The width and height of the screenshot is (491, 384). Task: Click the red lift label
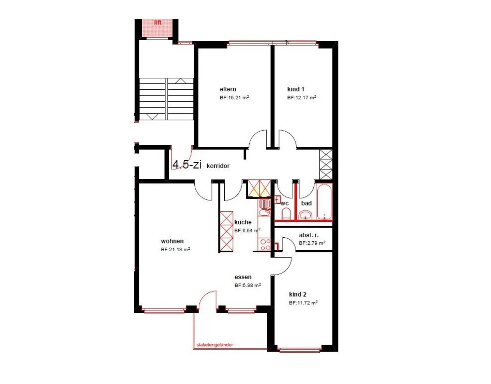(x=158, y=23)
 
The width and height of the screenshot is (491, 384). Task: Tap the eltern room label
(x=228, y=89)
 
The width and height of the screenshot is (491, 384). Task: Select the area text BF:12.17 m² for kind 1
(x=301, y=98)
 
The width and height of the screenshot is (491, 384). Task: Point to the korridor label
(x=218, y=166)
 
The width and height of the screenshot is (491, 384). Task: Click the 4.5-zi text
(x=187, y=165)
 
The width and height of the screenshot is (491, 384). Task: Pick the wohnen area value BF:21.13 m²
(x=175, y=250)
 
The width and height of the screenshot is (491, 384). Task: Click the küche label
(x=243, y=222)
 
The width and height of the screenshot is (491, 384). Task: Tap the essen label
(x=243, y=277)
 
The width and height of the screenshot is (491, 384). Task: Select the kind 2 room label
(x=297, y=295)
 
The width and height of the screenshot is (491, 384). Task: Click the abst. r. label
(x=309, y=235)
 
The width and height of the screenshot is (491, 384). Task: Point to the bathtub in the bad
(x=324, y=202)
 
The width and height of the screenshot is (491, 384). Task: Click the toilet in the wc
(x=286, y=214)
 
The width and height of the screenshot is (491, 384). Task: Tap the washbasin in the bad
(x=306, y=215)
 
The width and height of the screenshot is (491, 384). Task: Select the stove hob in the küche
(x=265, y=245)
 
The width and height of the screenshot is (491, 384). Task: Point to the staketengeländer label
(x=215, y=345)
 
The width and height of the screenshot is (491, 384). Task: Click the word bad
(x=306, y=203)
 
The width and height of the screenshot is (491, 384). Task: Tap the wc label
(x=285, y=204)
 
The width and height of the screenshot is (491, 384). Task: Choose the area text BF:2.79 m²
(x=312, y=243)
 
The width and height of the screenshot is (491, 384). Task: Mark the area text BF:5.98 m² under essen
(x=248, y=286)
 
